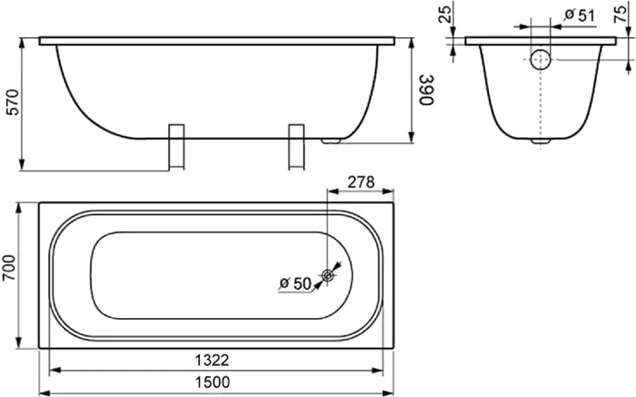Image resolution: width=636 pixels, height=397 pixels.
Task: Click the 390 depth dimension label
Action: coord(427,90)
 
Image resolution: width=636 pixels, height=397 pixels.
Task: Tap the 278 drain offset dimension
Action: coord(361,182)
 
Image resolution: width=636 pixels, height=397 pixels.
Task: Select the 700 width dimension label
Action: coord(9,268)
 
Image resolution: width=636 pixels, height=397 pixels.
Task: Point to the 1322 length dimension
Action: coord(212,360)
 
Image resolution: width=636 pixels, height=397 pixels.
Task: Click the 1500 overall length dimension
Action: coord(212,382)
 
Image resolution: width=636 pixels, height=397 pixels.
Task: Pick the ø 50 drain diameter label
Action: coord(295,283)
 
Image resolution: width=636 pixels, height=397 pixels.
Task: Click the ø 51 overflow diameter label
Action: coord(580,15)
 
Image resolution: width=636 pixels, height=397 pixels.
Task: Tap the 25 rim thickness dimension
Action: coord(446,14)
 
